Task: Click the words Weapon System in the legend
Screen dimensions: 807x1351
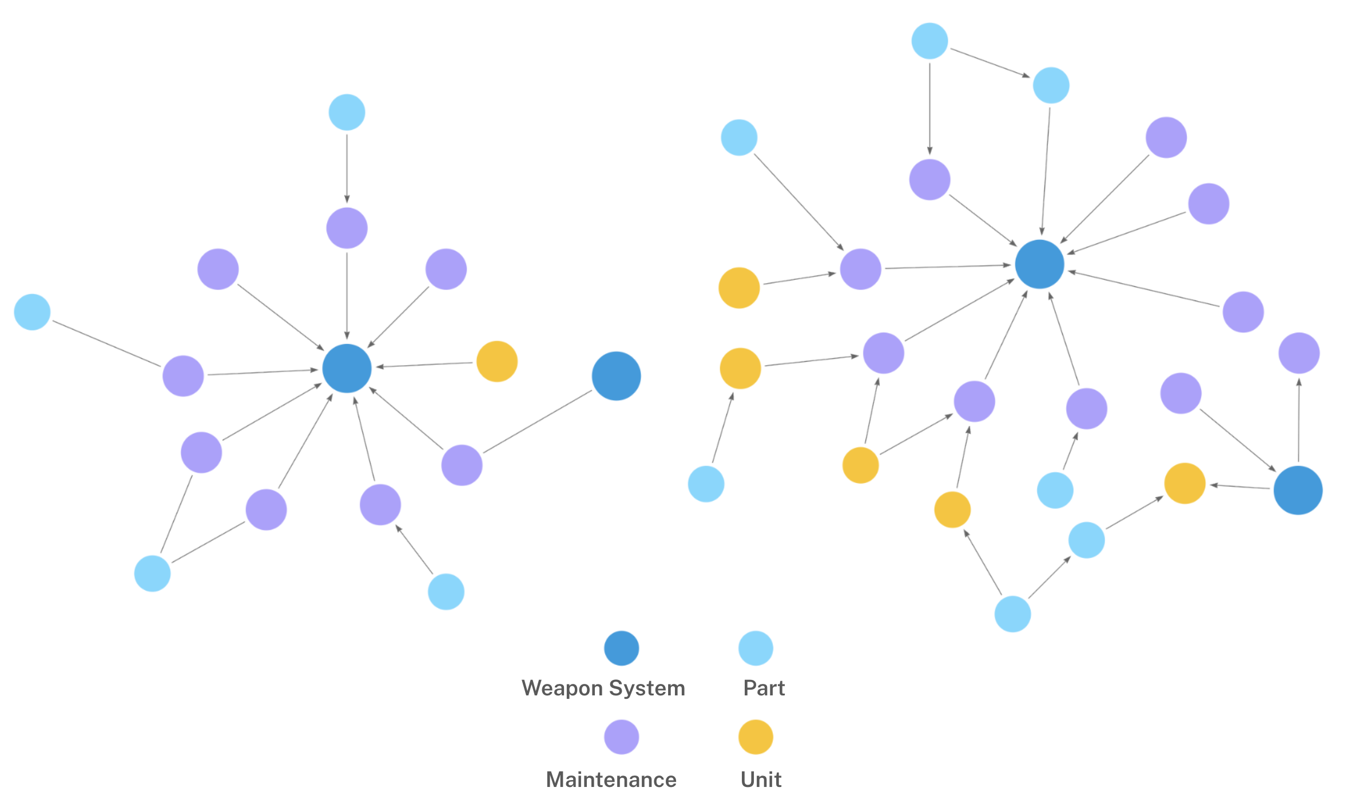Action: (x=603, y=688)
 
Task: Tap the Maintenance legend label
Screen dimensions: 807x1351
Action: (x=611, y=780)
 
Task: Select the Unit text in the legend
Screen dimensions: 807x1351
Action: (x=761, y=780)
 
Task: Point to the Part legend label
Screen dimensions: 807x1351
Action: (x=764, y=688)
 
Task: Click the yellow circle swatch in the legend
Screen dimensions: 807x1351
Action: (x=756, y=737)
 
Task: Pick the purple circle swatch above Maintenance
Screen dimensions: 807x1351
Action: (x=621, y=737)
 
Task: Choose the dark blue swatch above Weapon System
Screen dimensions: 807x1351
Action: (x=621, y=648)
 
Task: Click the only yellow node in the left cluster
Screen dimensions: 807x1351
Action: (x=497, y=362)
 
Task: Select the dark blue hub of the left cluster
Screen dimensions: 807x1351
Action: (x=347, y=369)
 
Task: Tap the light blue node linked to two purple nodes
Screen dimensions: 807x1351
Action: (x=152, y=573)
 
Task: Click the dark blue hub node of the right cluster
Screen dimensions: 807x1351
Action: (x=1039, y=264)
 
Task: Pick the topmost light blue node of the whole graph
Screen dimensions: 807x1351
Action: (x=929, y=41)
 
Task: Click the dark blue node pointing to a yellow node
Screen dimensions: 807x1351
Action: (x=1298, y=490)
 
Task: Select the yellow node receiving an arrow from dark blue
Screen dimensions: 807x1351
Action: (x=1185, y=484)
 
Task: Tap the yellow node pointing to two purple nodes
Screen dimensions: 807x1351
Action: (x=860, y=465)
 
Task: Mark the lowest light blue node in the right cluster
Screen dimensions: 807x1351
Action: (x=1012, y=614)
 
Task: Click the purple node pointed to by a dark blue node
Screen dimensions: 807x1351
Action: (x=1299, y=353)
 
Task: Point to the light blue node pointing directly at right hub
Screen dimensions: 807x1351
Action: (x=1051, y=86)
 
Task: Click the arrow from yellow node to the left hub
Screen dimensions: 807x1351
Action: (x=424, y=365)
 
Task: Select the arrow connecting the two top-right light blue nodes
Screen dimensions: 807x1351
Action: (x=990, y=63)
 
